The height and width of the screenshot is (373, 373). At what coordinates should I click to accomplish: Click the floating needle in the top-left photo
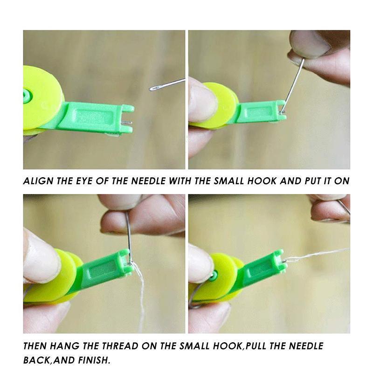tap(166, 84)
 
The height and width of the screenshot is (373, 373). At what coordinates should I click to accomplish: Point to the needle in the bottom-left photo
tap(127, 233)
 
